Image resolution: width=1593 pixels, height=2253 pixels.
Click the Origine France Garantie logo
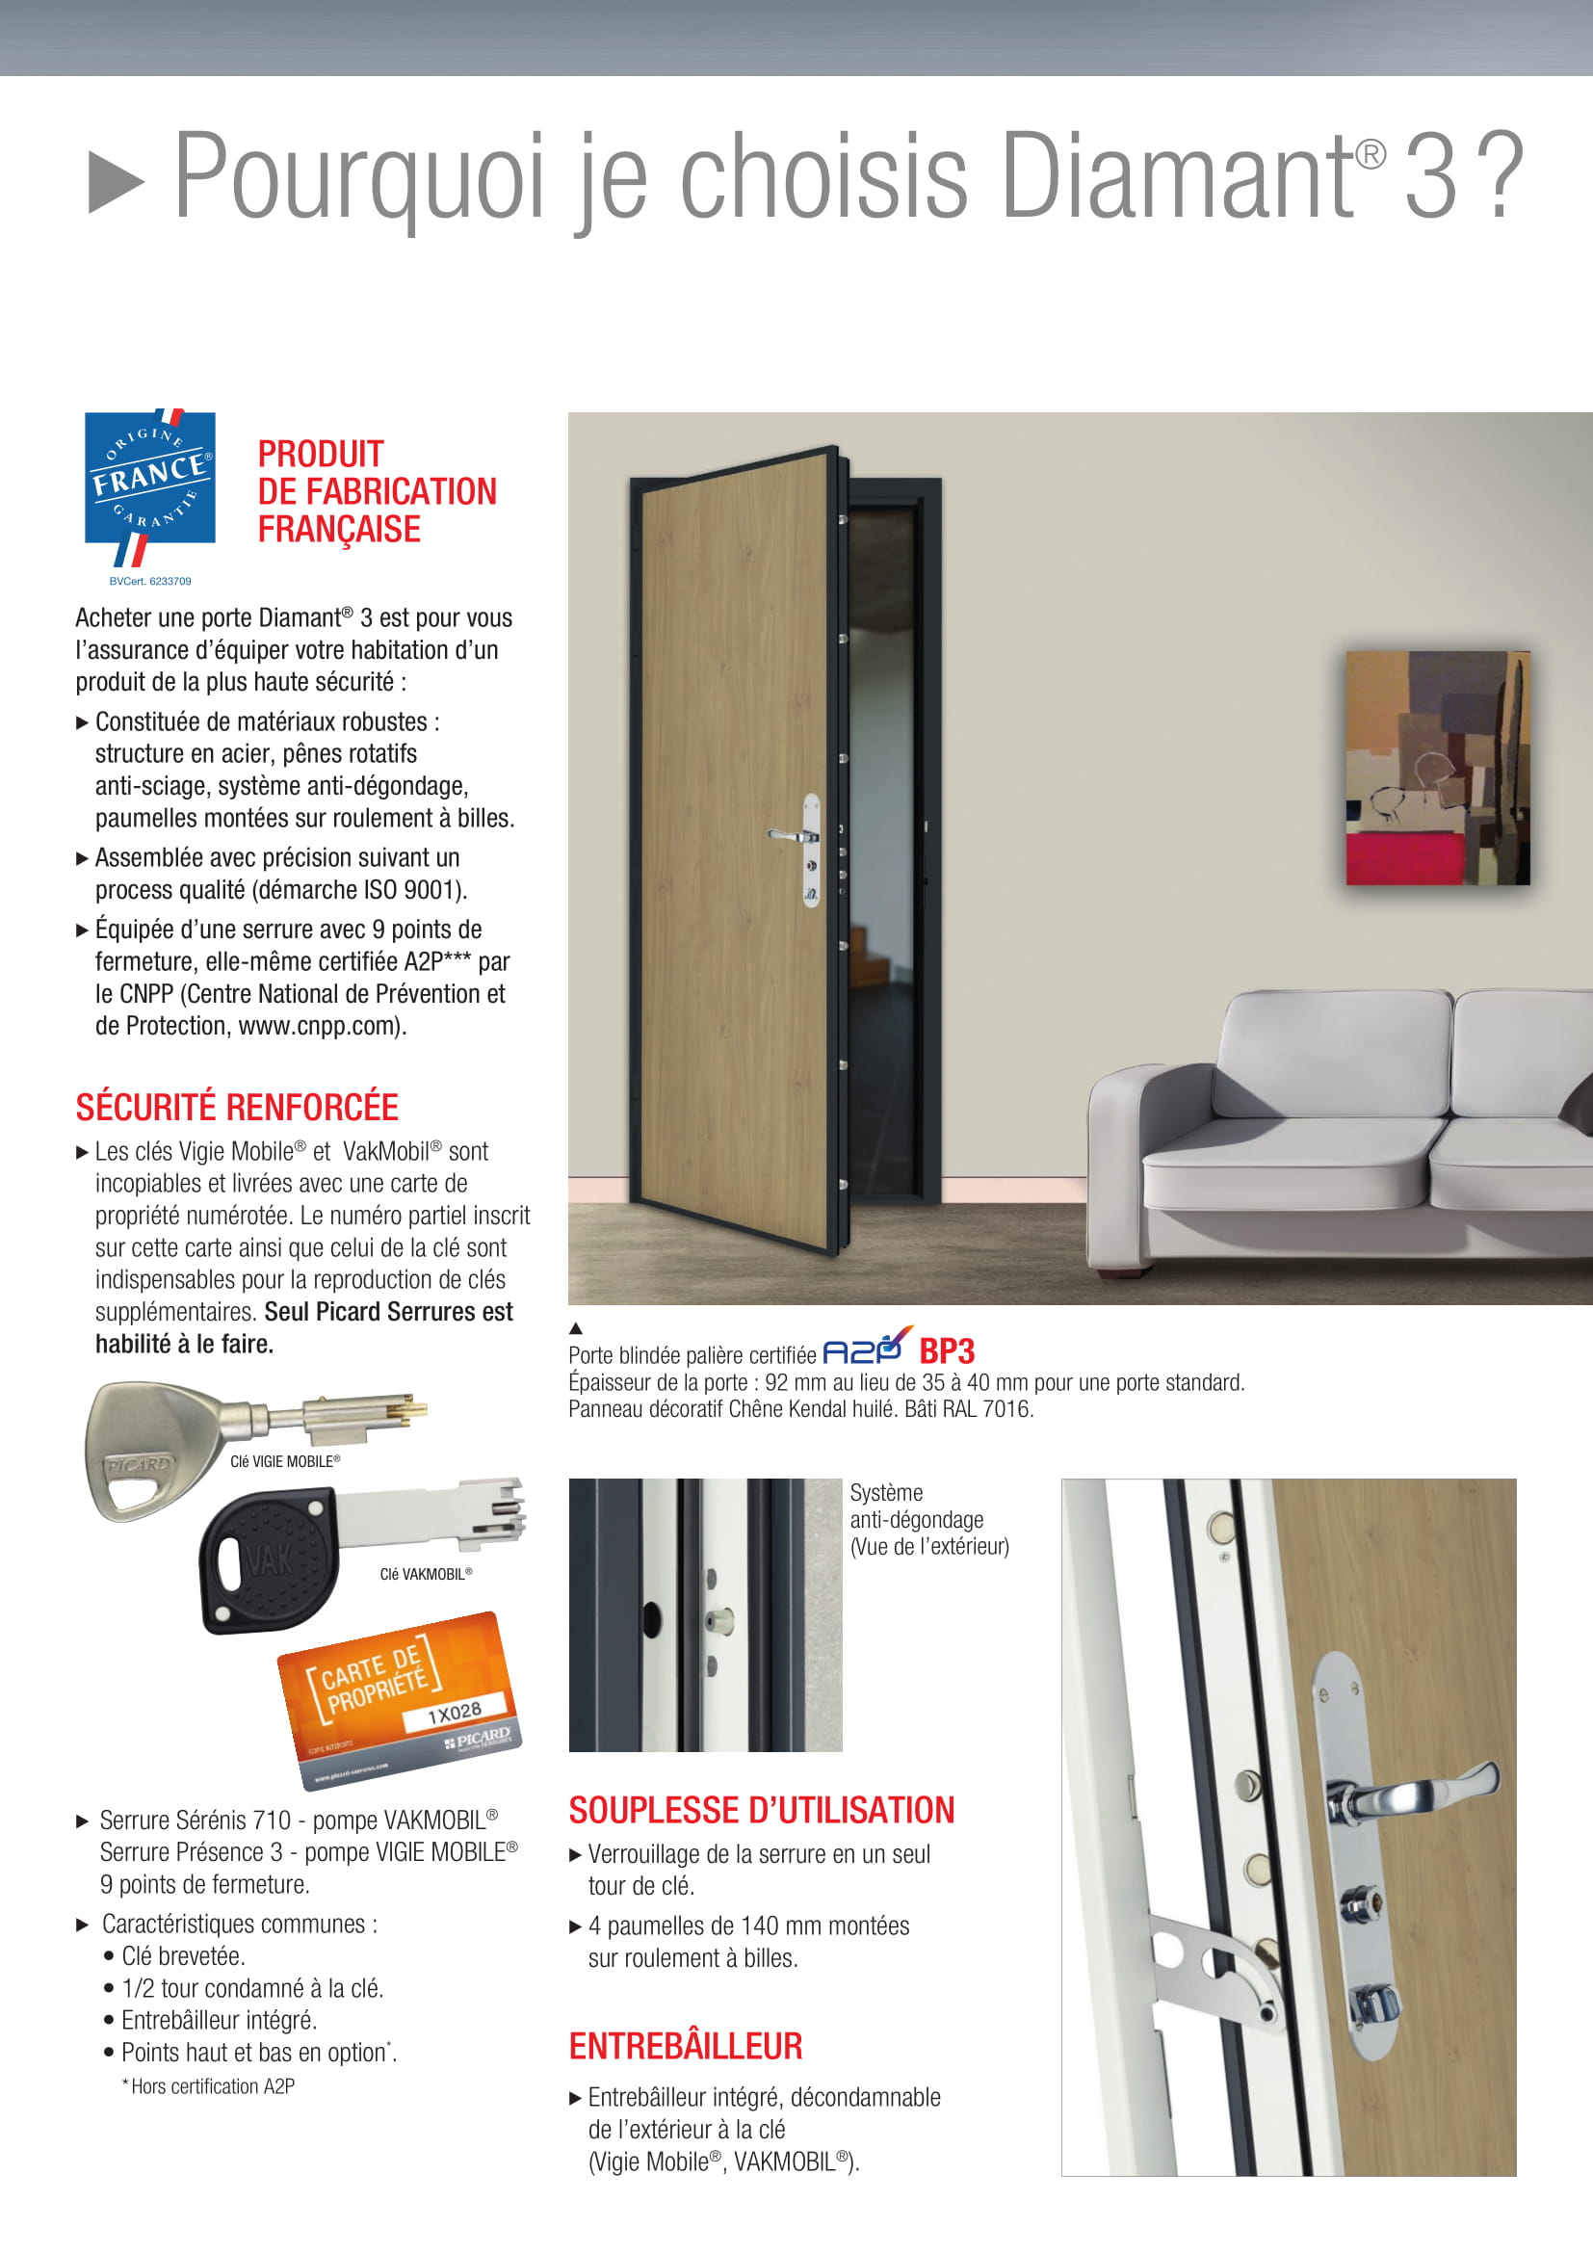(149, 484)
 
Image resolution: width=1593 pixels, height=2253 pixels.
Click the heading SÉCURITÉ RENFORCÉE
(236, 1107)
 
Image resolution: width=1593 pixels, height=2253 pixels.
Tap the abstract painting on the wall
(1437, 768)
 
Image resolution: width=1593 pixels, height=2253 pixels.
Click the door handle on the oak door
(791, 836)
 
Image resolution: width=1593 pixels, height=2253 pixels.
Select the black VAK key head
(267, 1560)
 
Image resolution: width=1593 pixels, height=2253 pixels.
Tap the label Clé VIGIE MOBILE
(284, 1461)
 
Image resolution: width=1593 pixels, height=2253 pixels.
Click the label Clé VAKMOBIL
(426, 1574)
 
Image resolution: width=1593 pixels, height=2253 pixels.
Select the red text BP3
(946, 1352)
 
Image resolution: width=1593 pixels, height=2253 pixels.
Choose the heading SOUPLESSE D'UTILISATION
(761, 1810)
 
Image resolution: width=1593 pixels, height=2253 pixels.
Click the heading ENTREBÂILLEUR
(686, 2046)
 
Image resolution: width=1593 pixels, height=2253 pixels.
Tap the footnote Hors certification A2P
(211, 2086)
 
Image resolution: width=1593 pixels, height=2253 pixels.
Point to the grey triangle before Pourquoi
(116, 181)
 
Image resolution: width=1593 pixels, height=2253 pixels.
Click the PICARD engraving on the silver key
(139, 1466)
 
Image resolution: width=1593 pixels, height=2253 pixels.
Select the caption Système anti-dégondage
(927, 1519)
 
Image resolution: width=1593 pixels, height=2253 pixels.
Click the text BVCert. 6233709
(150, 581)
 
